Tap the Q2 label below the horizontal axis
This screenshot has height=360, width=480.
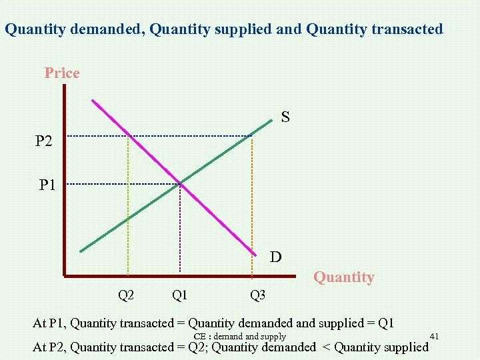[x=126, y=294]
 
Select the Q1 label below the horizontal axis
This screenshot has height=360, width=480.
[x=179, y=294]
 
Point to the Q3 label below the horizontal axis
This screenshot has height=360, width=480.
[x=257, y=295]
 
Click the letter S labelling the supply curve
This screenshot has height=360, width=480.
[x=285, y=118]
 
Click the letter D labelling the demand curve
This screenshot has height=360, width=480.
[x=275, y=257]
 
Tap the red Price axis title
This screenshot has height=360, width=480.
[x=62, y=73]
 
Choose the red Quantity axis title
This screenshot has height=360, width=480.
[x=344, y=277]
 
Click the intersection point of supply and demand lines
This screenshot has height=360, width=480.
[x=180, y=183]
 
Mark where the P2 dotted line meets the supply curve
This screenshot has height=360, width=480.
[x=251, y=136]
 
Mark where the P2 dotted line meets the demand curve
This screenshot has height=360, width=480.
[x=128, y=136]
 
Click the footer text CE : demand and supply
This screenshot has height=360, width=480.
[x=239, y=337]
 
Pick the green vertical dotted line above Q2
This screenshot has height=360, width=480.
[x=128, y=213]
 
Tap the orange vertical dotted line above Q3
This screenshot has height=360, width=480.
[x=251, y=213]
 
